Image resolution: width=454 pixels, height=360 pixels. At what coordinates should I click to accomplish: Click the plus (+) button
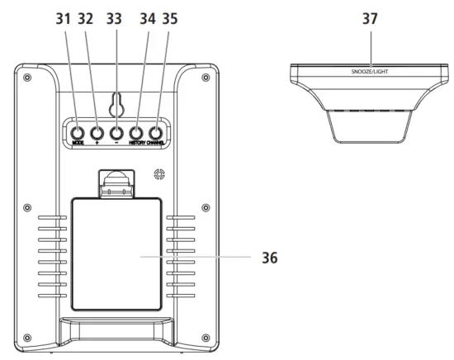[96, 132]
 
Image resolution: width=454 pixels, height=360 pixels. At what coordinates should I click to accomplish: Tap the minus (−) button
[116, 132]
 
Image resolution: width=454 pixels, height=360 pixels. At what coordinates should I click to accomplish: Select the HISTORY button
[136, 132]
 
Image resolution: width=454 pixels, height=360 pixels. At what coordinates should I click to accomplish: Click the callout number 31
[63, 17]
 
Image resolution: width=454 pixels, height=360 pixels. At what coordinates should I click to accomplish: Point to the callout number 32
[86, 17]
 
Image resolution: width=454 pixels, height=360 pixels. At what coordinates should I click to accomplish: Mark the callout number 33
[116, 17]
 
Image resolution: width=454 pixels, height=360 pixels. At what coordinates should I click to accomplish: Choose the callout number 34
[148, 17]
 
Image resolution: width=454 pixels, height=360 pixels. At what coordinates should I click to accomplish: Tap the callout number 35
[169, 17]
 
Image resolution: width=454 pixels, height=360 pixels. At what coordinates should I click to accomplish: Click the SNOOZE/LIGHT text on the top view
[369, 73]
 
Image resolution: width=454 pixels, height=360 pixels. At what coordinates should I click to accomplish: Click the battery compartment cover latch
[116, 182]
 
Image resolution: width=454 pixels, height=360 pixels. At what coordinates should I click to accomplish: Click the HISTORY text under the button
[136, 144]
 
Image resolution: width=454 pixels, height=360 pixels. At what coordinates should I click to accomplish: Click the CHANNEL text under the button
[158, 144]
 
